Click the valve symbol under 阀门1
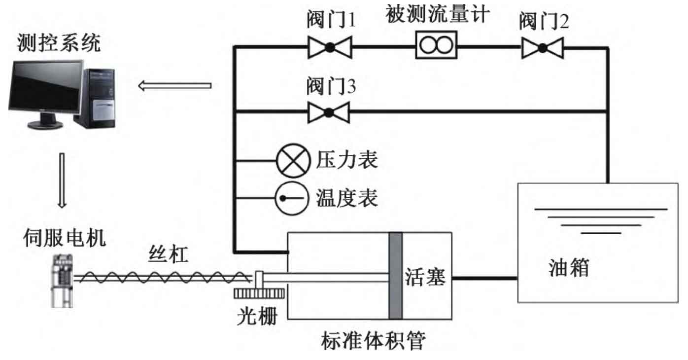coord(329,47)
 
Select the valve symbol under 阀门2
coord(542,47)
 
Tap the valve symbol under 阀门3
coord(329,112)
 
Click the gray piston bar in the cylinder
coord(395,276)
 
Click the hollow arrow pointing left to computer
coord(175,86)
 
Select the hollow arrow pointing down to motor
coord(62,180)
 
